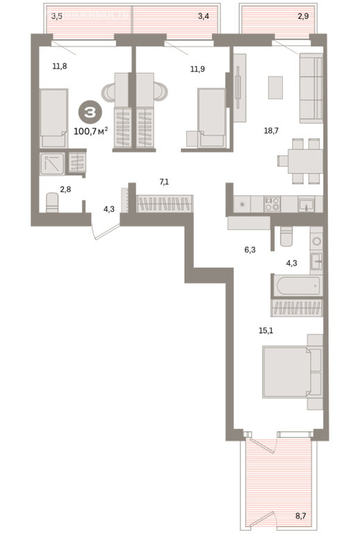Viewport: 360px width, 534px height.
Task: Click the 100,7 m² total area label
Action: pyautogui.click(x=91, y=131)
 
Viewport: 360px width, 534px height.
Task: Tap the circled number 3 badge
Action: pyautogui.click(x=90, y=113)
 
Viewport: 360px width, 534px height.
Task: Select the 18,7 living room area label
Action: pyautogui.click(x=271, y=131)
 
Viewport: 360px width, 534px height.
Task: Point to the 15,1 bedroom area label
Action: pyautogui.click(x=265, y=330)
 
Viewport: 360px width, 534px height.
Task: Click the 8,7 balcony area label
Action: pyautogui.click(x=300, y=516)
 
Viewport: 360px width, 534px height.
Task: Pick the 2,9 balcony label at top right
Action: pyautogui.click(x=303, y=16)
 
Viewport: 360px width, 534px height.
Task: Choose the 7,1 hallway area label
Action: pyautogui.click(x=164, y=182)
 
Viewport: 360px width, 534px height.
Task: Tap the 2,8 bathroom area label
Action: pyautogui.click(x=65, y=189)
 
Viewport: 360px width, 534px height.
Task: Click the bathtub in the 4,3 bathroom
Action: pyautogui.click(x=298, y=285)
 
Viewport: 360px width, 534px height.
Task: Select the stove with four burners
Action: pyautogui.click(x=272, y=204)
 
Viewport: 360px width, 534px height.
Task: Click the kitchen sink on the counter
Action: pyautogui.click(x=306, y=205)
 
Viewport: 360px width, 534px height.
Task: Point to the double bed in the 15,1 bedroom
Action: pyautogui.click(x=292, y=372)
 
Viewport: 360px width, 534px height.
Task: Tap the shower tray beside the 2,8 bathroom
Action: pyautogui.click(x=52, y=164)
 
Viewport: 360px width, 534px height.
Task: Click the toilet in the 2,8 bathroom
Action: pyautogui.click(x=52, y=202)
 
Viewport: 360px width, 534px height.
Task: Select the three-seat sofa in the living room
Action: pyautogui.click(x=311, y=88)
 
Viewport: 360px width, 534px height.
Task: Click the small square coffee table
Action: pyautogui.click(x=275, y=88)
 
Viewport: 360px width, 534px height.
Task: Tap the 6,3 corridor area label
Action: pyautogui.click(x=249, y=250)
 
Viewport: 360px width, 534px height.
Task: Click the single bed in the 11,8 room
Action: pyautogui.click(x=54, y=118)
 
